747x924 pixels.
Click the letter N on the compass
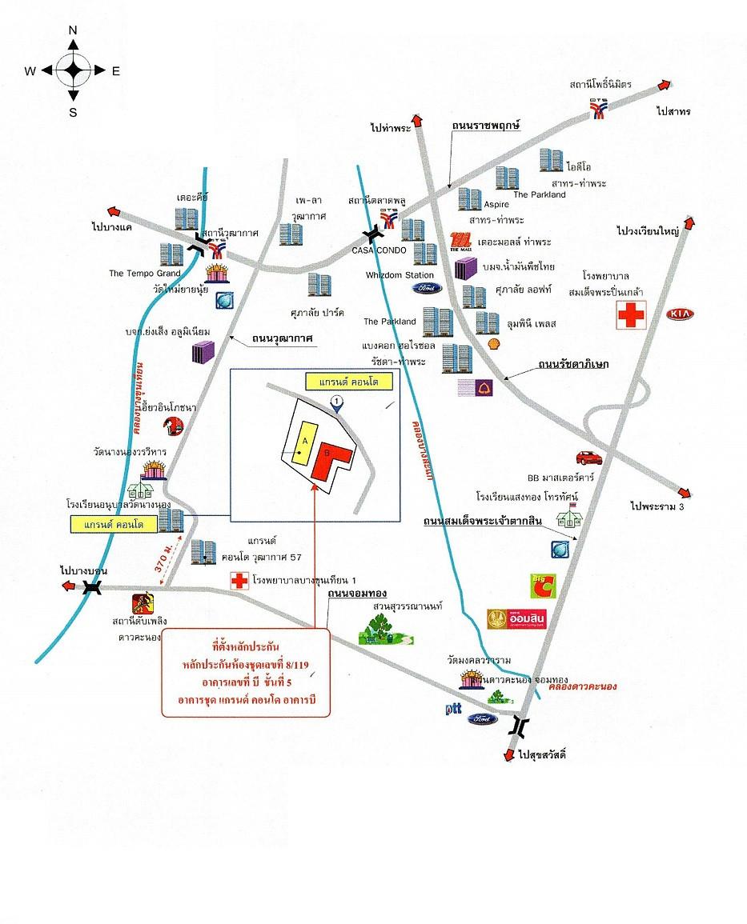point(73,30)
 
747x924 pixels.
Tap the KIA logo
point(681,314)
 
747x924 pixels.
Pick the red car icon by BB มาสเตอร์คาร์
point(588,458)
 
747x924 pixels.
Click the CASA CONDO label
point(380,250)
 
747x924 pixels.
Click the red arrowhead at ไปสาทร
point(664,84)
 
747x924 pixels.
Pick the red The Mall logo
point(460,241)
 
